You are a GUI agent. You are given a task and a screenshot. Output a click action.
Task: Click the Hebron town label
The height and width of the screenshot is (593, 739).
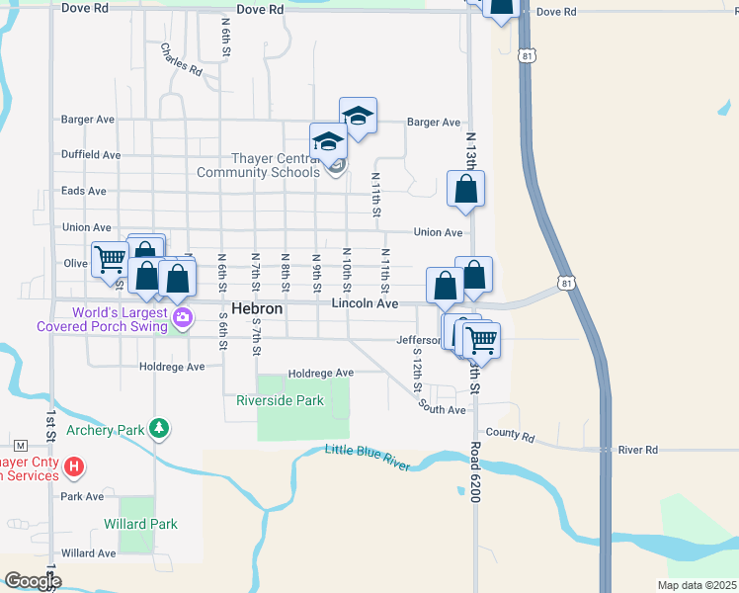[x=257, y=309]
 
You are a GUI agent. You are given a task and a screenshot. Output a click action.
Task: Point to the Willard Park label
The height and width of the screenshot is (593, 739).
[x=140, y=524]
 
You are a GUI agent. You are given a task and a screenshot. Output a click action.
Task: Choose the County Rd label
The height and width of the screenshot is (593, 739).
[x=510, y=436]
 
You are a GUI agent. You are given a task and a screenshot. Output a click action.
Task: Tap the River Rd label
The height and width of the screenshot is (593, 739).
[x=637, y=450]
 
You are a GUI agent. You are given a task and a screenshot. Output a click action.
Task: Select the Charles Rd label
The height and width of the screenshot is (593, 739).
[x=182, y=60]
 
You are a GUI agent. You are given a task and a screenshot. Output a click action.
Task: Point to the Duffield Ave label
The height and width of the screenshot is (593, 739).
[x=91, y=155]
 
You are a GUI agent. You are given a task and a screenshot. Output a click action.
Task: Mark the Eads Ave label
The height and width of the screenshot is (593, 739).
[x=84, y=191]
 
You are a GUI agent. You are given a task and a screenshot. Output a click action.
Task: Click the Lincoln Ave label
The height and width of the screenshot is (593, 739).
[x=365, y=303]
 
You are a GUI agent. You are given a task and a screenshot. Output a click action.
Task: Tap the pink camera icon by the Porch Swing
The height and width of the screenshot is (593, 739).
[x=182, y=317]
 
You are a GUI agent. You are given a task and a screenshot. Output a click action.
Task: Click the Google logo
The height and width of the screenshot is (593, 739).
[x=32, y=580]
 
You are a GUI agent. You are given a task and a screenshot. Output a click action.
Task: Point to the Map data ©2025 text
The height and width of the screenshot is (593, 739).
[x=696, y=585]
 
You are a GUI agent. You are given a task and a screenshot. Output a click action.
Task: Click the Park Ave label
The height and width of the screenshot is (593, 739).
[x=82, y=496]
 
